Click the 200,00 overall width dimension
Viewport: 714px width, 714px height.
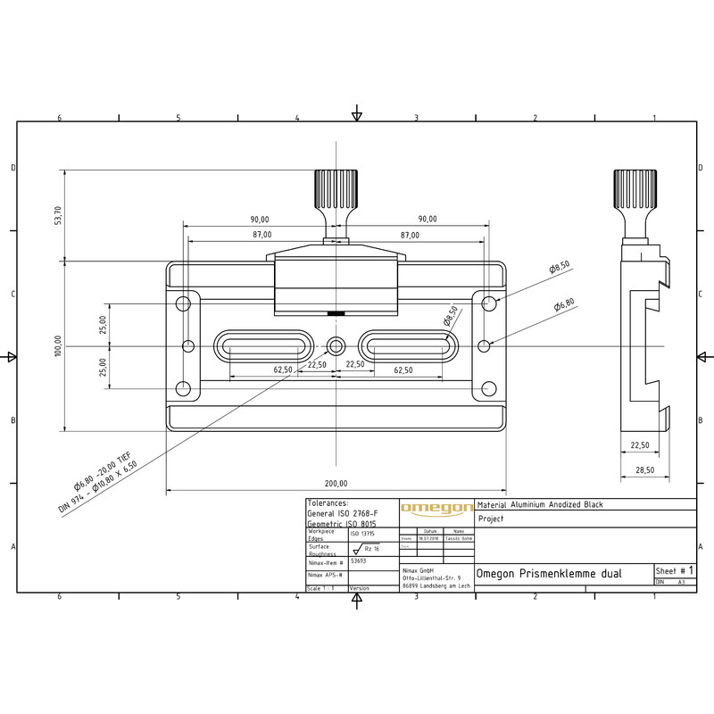click(x=336, y=483)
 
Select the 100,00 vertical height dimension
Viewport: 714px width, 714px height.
click(x=58, y=345)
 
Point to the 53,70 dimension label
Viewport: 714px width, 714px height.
click(x=58, y=215)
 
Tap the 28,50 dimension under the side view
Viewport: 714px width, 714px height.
click(x=638, y=469)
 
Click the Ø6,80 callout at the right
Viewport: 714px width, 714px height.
click(x=564, y=305)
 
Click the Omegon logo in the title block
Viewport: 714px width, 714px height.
click(x=436, y=509)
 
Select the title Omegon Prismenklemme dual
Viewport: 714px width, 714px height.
click(x=550, y=573)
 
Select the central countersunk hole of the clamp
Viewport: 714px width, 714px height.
click(x=336, y=345)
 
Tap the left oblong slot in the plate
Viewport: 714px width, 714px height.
click(x=264, y=345)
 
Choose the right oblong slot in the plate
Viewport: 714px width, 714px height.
click(x=409, y=345)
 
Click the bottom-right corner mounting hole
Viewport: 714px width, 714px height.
click(x=488, y=388)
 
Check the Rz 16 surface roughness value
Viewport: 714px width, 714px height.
click(x=372, y=550)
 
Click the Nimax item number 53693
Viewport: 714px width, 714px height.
click(x=359, y=562)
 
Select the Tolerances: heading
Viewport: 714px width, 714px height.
click(x=328, y=503)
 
